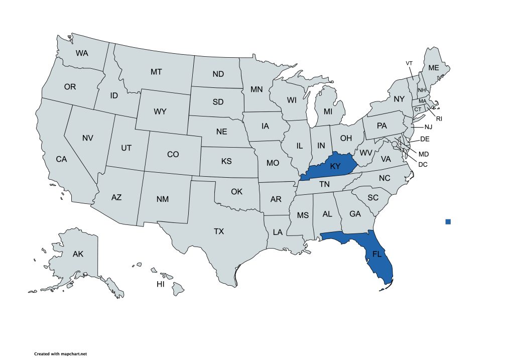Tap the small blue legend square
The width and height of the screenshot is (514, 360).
tap(448, 221)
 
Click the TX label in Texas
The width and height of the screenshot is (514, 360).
tap(219, 231)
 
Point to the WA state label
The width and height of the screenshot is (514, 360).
tap(82, 53)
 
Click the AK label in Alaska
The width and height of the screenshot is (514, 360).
tap(78, 254)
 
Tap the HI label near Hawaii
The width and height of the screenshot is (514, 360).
tap(161, 284)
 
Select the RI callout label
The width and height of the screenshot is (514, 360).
tap(439, 119)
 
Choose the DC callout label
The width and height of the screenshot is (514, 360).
tap(423, 164)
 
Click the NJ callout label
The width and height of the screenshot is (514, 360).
tap(428, 127)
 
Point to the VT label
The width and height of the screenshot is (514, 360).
tap(409, 63)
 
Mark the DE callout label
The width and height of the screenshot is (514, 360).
tap(425, 139)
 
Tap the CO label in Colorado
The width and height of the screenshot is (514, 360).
tap(173, 155)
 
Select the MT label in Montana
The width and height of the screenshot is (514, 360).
tap(156, 72)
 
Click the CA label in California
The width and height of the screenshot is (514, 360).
tap(61, 159)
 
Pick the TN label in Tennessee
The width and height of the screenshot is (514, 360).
tap(325, 184)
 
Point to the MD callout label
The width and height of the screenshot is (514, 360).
tap(424, 154)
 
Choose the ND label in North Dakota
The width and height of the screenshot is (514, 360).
tap(218, 74)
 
